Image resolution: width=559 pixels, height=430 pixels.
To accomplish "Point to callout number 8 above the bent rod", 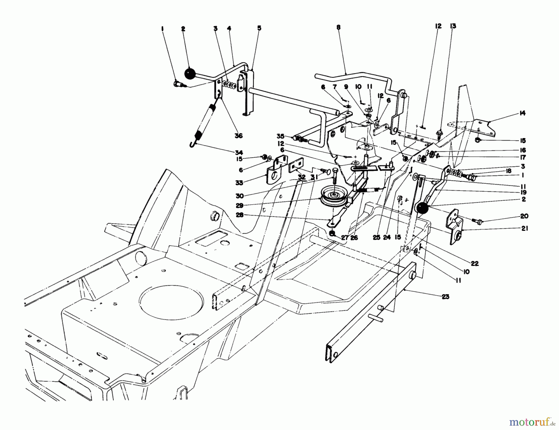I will coord(338,27).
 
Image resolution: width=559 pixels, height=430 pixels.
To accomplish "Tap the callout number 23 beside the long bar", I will coord(445,297).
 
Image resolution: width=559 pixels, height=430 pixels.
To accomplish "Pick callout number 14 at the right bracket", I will coord(522,113).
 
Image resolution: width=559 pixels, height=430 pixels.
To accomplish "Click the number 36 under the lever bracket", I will coord(239,136).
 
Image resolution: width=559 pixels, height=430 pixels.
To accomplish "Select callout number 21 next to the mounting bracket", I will coord(525,228).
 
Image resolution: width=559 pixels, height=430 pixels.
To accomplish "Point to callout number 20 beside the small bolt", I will coord(524,216).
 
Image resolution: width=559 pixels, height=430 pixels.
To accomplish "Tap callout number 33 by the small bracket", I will coord(239,183).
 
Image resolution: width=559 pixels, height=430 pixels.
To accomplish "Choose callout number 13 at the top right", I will coord(453,26).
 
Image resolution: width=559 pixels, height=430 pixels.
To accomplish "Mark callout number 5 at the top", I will coord(259,28).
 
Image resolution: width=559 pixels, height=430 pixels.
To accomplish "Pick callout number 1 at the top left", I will coord(162,29).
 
